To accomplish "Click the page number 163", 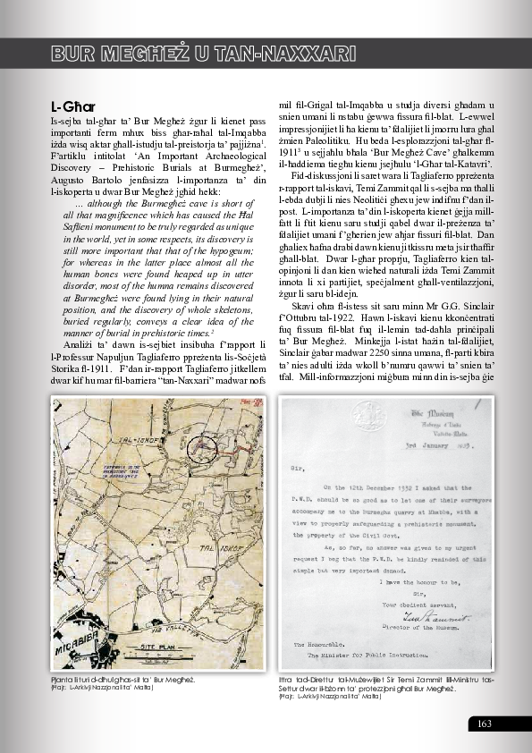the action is (486, 723).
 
